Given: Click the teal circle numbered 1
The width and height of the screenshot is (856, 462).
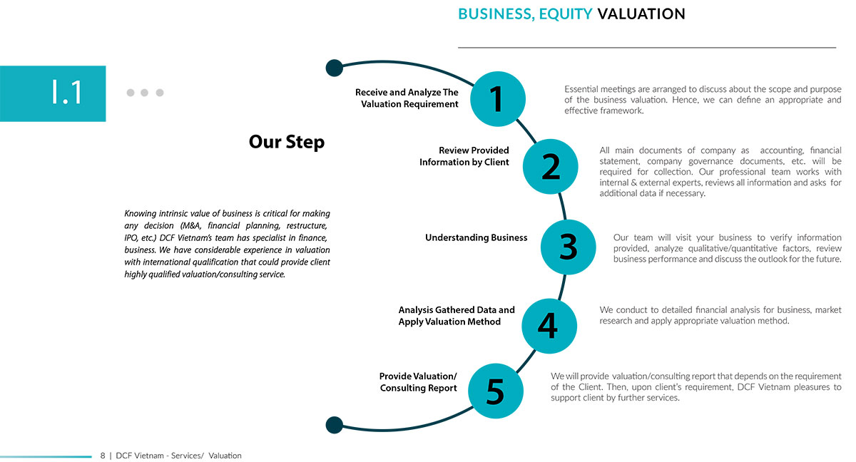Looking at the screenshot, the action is click(498, 99).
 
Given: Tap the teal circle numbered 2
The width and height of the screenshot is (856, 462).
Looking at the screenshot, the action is click(550, 166).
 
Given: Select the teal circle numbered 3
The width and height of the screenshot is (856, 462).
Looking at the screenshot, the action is click(569, 247).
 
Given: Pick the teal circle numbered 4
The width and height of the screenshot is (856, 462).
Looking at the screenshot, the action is click(549, 326).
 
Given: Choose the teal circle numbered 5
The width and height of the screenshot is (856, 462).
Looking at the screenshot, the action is click(496, 391).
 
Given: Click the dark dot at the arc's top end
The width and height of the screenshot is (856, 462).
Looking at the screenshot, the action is click(335, 68).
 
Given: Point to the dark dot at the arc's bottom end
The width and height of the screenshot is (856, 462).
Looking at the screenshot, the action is click(335, 425).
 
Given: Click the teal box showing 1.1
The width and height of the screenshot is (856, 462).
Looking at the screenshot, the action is click(53, 93).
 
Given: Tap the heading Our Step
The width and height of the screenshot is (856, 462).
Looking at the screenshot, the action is click(287, 142).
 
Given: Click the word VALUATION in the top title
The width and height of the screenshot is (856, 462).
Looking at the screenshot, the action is click(641, 14).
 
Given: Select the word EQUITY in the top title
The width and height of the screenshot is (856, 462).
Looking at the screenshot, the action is click(566, 14).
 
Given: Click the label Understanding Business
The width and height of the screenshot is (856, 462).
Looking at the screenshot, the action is click(477, 237).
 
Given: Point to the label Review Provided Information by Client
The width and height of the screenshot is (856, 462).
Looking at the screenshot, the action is click(464, 156).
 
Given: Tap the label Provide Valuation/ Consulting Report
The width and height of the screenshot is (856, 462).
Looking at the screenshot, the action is click(418, 382).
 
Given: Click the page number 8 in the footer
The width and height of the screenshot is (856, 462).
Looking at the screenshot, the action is click(103, 456).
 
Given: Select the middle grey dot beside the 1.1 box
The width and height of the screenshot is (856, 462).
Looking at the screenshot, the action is click(144, 93).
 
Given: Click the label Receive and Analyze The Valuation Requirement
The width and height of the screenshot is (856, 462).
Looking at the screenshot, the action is click(407, 98).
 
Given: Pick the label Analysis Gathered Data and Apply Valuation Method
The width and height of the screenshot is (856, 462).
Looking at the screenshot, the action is click(457, 316).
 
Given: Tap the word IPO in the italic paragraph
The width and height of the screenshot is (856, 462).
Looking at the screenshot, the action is click(131, 238).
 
